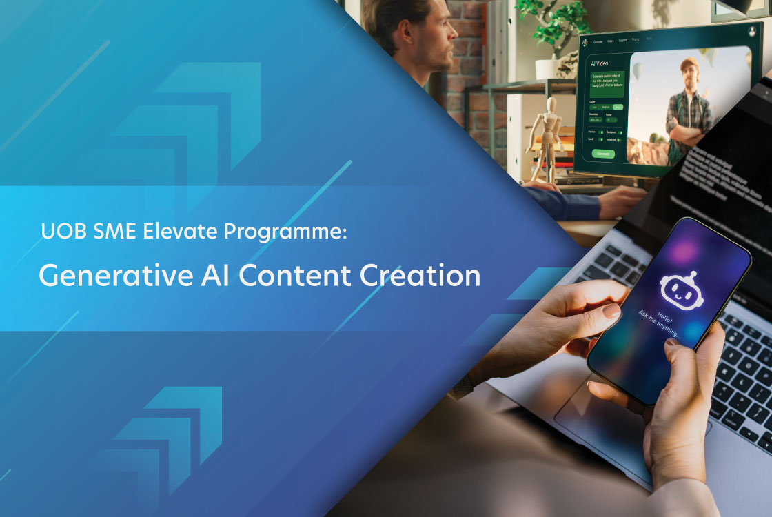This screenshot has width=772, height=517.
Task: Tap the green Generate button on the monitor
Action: pos(603,154)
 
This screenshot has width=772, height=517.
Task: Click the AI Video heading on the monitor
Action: pos(600,63)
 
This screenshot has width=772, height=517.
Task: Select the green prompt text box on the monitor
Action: pos(607,83)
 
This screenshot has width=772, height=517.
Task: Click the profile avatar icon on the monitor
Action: pos(751,31)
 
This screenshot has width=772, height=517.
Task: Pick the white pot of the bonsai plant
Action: pos(548,68)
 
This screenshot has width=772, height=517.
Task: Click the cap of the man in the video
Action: pos(689,64)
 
